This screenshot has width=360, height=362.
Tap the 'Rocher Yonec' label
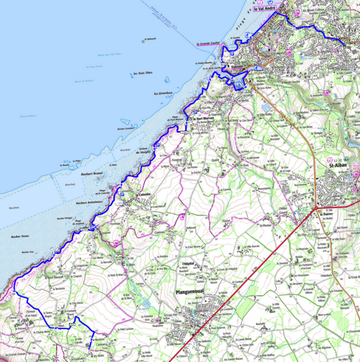pyautogui.click(x=20, y=237)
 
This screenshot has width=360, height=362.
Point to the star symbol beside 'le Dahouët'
pyautogui.click(x=144, y=41)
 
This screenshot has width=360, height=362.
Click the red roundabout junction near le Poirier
pyautogui.click(x=316, y=207)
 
